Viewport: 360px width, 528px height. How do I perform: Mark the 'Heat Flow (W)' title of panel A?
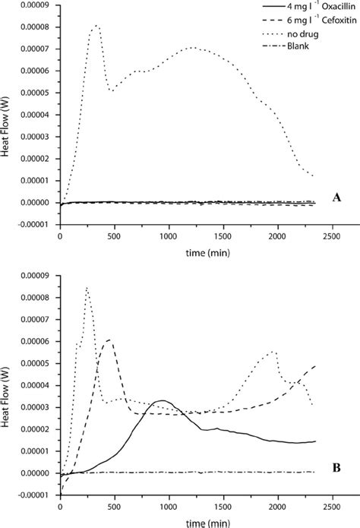pyautogui.click(x=7, y=114)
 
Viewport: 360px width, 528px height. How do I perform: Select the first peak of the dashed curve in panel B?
pyautogui.click(x=111, y=340)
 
